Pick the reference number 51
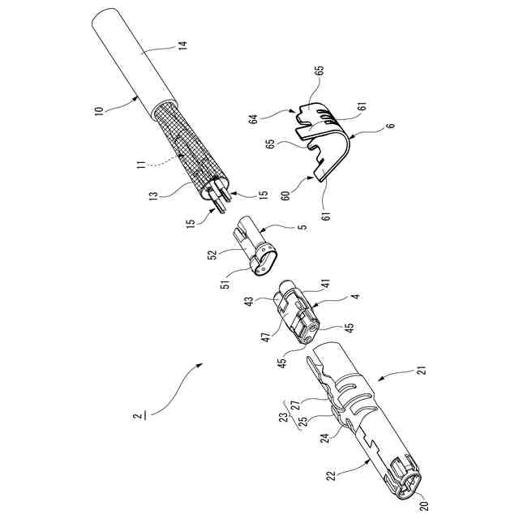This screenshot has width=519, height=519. (225, 281)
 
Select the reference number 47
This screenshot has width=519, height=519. (267, 334)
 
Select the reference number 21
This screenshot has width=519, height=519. (421, 371)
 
